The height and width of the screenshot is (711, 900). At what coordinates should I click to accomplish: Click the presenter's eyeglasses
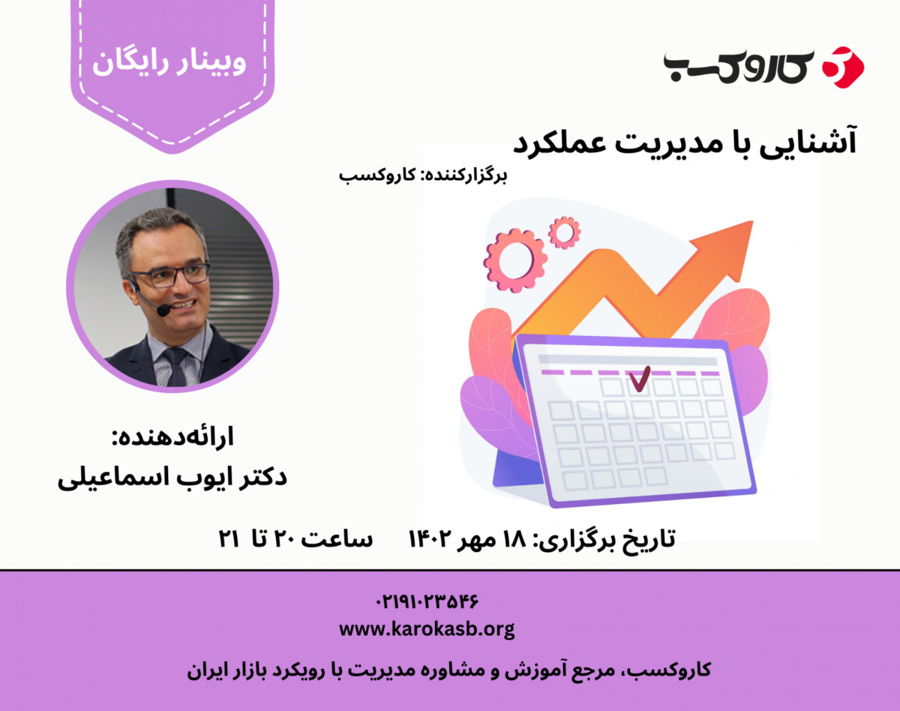click(x=169, y=275)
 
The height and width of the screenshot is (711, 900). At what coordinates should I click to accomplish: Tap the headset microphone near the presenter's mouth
click(x=163, y=309)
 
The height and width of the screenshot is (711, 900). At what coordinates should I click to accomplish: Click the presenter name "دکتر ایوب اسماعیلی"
click(x=172, y=478)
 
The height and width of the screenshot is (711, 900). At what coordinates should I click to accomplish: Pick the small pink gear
click(x=564, y=232)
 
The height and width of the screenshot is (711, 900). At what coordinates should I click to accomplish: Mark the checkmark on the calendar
click(x=639, y=379)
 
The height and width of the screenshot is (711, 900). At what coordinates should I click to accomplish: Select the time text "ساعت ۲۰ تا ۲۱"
click(x=294, y=538)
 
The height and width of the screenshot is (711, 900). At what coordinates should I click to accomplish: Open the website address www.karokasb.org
click(x=426, y=628)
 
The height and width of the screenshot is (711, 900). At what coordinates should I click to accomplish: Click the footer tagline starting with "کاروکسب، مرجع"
click(x=448, y=670)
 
